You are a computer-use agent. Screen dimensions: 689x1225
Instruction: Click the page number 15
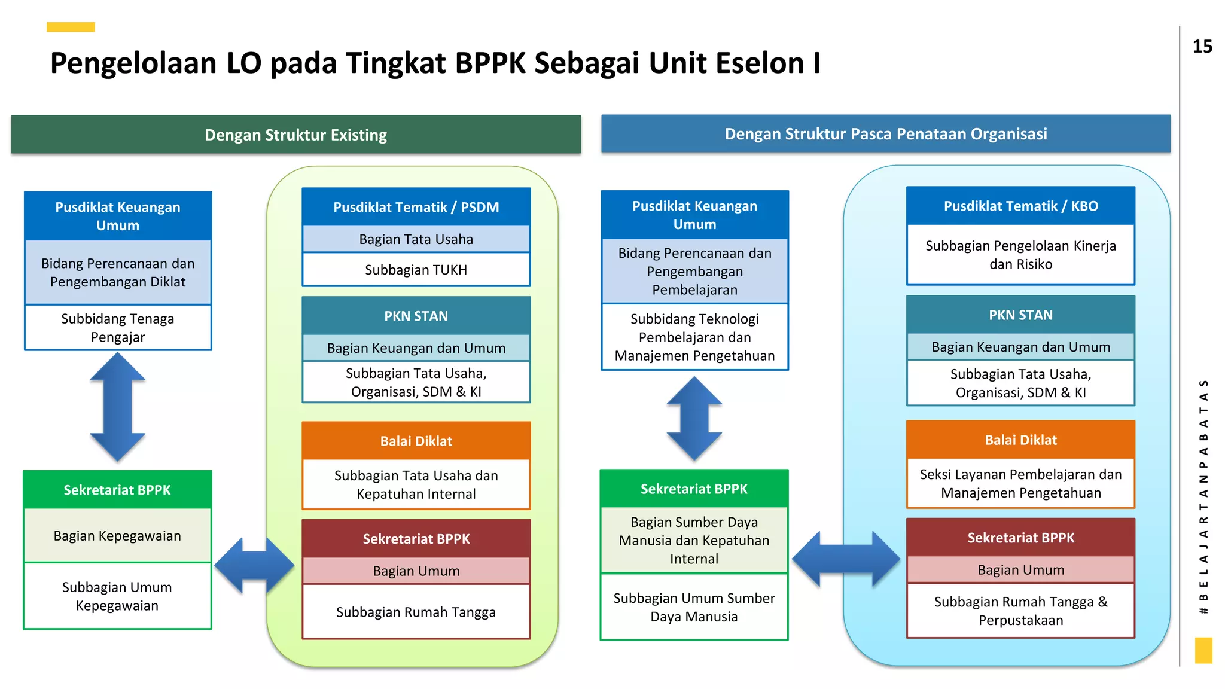(1202, 47)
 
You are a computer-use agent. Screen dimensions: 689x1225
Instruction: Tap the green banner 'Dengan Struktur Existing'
(295, 135)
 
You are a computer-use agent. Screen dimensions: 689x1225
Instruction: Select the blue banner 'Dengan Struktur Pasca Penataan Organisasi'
(885, 134)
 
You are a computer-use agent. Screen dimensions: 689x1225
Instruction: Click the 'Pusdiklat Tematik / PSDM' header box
(416, 207)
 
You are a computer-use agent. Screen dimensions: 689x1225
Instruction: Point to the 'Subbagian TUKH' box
(416, 270)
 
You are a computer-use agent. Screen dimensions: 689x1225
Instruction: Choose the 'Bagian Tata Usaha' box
(416, 239)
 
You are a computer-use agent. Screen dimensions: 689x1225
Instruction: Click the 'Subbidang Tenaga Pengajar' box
(118, 328)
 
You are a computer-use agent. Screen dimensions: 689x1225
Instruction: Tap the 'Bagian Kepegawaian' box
(117, 536)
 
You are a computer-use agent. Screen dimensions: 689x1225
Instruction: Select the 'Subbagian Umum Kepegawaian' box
(117, 596)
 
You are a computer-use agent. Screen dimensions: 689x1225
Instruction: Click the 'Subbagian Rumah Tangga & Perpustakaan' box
(1020, 611)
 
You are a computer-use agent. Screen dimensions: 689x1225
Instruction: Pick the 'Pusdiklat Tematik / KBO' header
(1020, 206)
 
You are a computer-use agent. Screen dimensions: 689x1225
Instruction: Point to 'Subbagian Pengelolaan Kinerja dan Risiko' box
(1020, 255)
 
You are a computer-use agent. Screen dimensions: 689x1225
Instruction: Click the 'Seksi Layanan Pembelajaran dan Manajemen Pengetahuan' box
(1020, 483)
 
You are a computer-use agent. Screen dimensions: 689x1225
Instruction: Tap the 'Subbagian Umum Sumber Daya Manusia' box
(694, 607)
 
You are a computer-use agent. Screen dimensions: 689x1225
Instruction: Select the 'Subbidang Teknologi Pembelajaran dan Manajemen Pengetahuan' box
(694, 337)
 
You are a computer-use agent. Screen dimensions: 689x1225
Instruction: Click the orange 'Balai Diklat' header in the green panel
(416, 441)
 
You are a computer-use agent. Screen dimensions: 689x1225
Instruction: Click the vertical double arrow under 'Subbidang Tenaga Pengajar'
(118, 407)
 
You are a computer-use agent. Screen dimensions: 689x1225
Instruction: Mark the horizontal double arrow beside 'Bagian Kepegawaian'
(254, 565)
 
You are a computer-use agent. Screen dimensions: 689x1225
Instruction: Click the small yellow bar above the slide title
(71, 27)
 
